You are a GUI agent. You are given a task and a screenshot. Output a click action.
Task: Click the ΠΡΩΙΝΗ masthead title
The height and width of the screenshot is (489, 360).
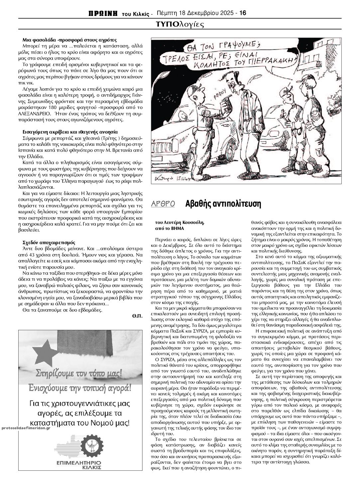tap(103, 13)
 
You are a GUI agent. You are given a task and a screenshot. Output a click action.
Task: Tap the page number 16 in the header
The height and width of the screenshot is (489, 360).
tap(243, 13)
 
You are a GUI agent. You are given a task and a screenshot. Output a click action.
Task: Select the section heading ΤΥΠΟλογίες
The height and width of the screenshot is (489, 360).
tap(180, 24)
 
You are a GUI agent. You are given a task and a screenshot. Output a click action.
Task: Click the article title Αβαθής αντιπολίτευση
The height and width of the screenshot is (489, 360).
tap(223, 204)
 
